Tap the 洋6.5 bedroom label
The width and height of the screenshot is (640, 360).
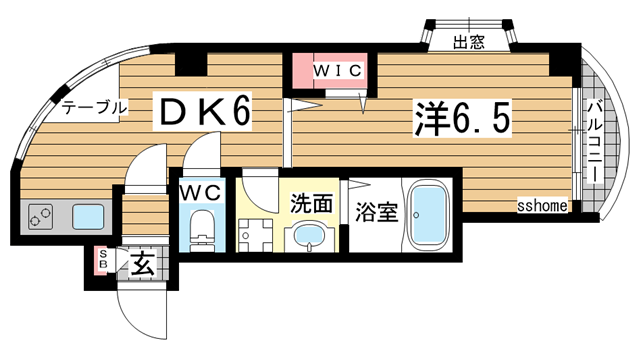pyautogui.click(x=462, y=118)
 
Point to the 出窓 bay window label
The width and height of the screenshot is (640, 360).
pyautogui.click(x=468, y=42)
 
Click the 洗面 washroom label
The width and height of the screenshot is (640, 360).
pyautogui.click(x=311, y=204)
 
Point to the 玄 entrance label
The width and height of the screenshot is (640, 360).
pyautogui.click(x=143, y=265)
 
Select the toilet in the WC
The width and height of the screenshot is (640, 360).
pyautogui.click(x=202, y=228)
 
